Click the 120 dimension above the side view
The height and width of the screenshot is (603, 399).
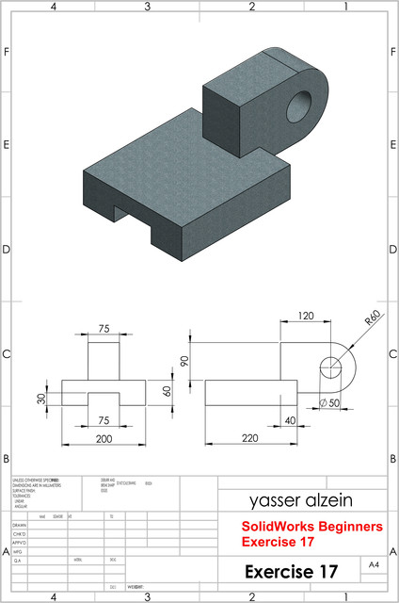click(x=306, y=316)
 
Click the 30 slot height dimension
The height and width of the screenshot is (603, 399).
click(x=41, y=398)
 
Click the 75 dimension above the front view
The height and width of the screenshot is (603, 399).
click(x=104, y=330)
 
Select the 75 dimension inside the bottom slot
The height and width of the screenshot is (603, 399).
click(x=104, y=420)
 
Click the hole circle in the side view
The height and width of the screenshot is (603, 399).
click(x=331, y=367)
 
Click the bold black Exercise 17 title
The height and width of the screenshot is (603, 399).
click(x=291, y=571)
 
